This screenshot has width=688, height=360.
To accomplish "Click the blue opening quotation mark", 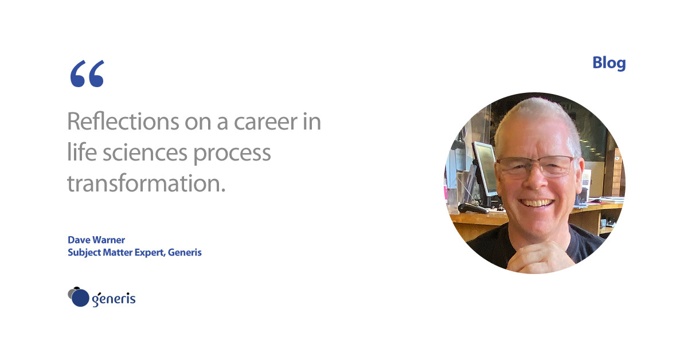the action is click(87, 74).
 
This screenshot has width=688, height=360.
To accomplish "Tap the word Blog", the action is click(609, 64).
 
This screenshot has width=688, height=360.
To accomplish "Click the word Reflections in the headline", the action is click(123, 122).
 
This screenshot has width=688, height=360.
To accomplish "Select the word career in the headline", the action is click(265, 122).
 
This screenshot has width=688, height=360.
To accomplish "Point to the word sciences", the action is click(144, 152).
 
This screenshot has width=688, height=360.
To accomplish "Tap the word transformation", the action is click(146, 183).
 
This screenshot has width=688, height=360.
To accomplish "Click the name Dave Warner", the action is click(96, 240).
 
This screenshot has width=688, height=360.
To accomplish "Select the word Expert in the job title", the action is click(150, 253).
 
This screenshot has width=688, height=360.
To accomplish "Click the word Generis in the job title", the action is click(185, 252).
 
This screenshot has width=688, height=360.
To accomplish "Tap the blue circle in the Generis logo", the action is click(80, 298).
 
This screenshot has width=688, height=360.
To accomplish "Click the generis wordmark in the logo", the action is click(114, 299).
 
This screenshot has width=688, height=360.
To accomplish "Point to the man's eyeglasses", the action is click(535, 167).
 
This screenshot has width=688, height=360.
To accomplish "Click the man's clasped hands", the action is click(541, 258).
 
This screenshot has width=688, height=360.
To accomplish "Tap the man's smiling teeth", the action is click(536, 203).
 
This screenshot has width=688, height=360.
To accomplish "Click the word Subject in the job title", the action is click(84, 253).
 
